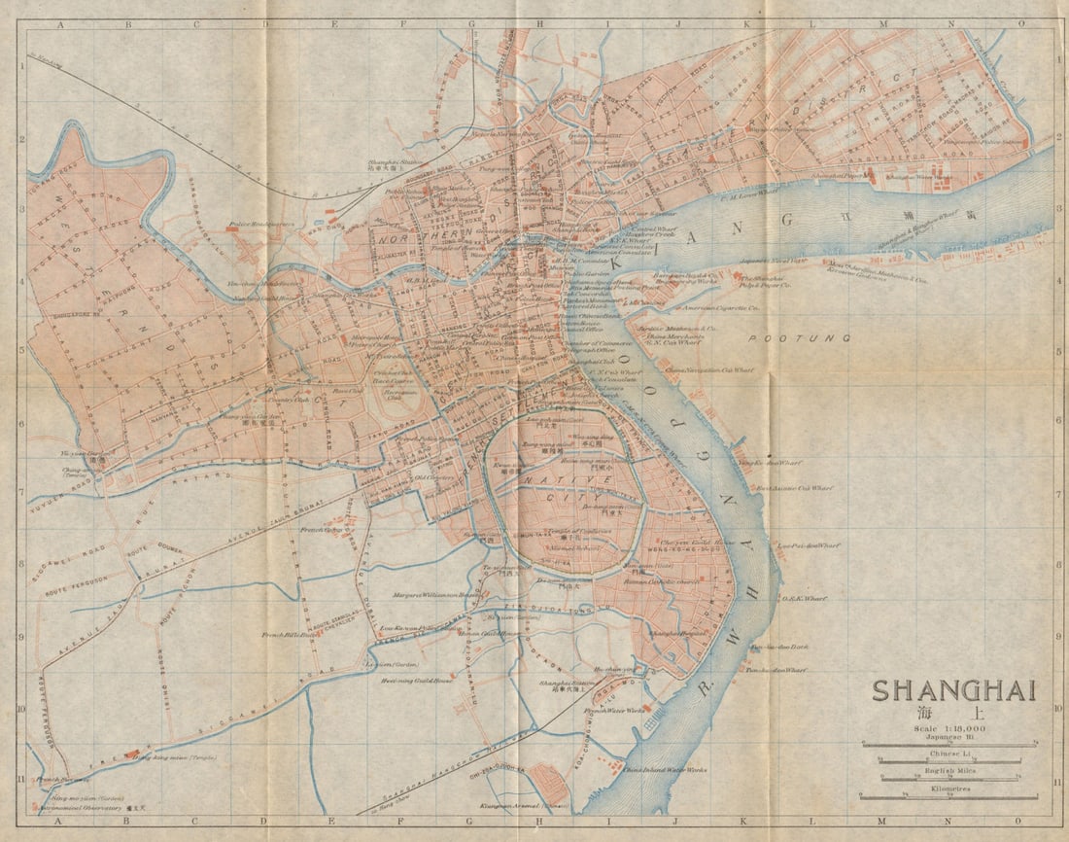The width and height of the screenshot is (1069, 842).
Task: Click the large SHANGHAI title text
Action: click(953, 690)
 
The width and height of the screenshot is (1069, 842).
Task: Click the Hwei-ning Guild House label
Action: click(417, 681)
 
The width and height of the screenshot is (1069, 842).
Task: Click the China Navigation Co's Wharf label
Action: click(709, 370)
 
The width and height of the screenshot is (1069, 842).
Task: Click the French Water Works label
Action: click(614, 711)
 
